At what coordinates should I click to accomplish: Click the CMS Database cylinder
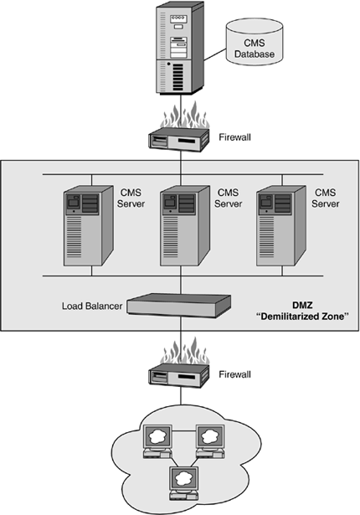click(255, 42)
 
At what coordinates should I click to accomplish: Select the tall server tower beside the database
click(180, 48)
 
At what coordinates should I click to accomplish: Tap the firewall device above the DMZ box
click(179, 139)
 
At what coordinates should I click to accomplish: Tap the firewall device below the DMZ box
click(179, 375)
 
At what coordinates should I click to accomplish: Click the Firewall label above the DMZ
click(234, 137)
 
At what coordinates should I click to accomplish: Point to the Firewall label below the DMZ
click(234, 374)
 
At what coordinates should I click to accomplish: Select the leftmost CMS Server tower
click(89, 226)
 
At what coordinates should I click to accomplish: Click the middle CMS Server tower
click(185, 226)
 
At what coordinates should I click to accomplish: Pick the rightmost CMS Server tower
click(281, 226)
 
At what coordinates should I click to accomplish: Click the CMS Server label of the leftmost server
click(131, 198)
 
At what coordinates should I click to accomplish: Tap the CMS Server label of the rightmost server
click(325, 198)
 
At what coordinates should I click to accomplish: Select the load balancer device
click(179, 306)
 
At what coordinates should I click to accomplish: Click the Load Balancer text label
click(92, 306)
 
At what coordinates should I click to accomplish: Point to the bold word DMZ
click(302, 306)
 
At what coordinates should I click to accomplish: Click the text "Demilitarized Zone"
click(302, 317)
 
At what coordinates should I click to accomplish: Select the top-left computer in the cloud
click(158, 441)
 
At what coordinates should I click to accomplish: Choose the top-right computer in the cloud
click(210, 441)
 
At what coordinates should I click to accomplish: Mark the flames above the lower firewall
click(184, 350)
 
